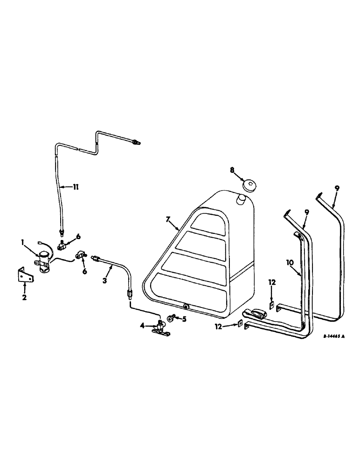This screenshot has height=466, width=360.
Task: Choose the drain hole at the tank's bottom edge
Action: pyautogui.click(x=187, y=306)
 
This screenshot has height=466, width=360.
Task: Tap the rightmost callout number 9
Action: pyautogui.click(x=337, y=188)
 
